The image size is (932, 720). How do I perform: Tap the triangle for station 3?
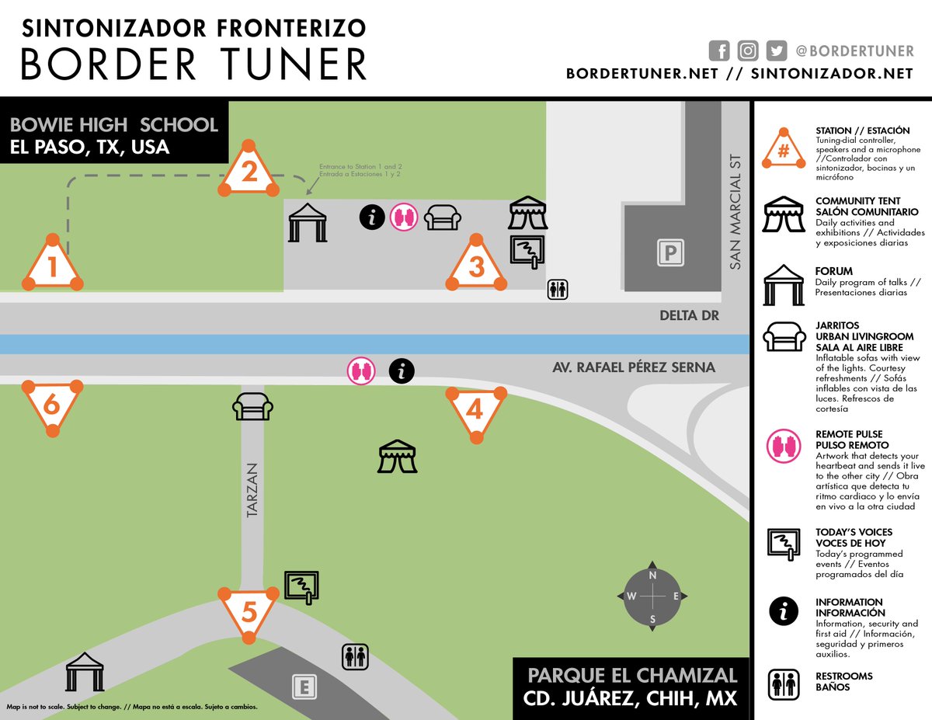pyautogui.click(x=476, y=266)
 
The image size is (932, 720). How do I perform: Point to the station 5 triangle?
pyautogui.click(x=249, y=612)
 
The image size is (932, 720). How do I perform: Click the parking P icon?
pyautogui.click(x=669, y=253)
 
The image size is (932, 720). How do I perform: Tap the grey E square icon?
pyautogui.click(x=304, y=687)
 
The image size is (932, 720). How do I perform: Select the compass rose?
pyautogui.click(x=653, y=597)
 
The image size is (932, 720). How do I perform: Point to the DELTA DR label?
pyautogui.click(x=688, y=316)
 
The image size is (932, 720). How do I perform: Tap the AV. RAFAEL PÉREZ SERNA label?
pyautogui.click(x=644, y=367)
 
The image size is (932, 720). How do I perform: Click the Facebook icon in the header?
pyautogui.click(x=720, y=51)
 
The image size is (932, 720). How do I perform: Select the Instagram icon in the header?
pyautogui.click(x=748, y=51)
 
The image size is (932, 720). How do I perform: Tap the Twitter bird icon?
pyautogui.click(x=776, y=51)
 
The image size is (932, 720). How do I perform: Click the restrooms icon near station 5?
pyautogui.click(x=355, y=656)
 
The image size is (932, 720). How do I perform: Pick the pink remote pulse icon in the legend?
pyautogui.click(x=784, y=447)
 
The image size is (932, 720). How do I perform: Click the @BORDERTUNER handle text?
pyautogui.click(x=854, y=51)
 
